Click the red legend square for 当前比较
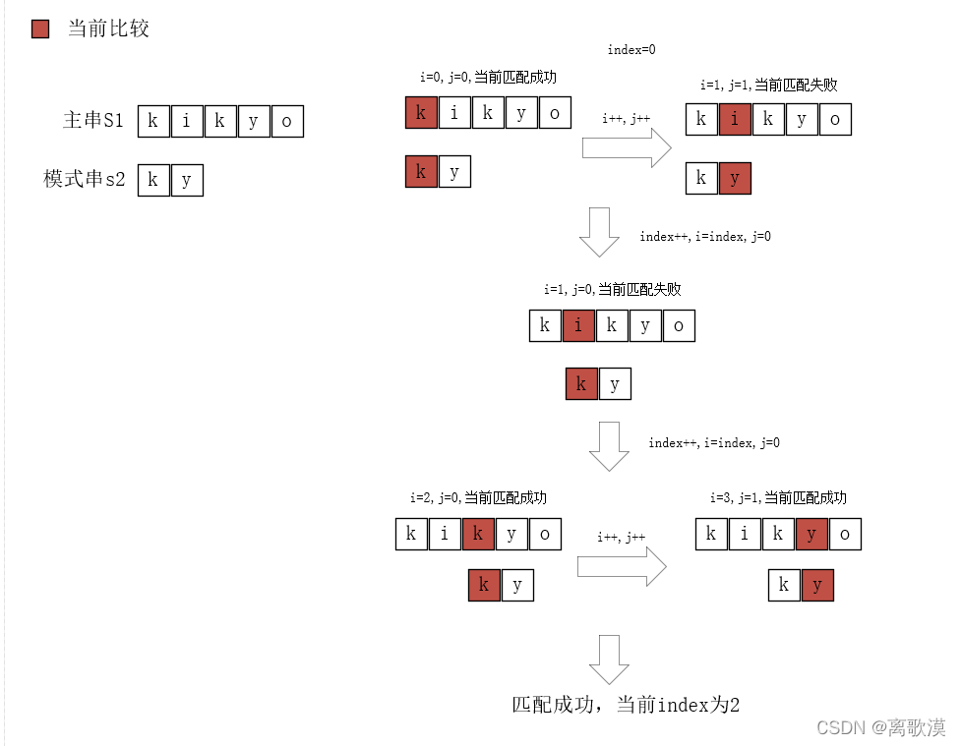click(x=40, y=29)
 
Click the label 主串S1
click(x=93, y=120)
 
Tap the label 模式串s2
click(x=85, y=179)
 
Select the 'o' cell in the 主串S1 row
click(x=287, y=121)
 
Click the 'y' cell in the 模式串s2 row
click(x=187, y=180)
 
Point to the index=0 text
click(x=631, y=48)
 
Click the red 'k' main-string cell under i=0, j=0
click(x=421, y=113)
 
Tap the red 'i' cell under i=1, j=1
click(x=735, y=120)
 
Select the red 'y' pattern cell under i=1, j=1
click(x=735, y=178)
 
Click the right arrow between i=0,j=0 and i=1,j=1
click(x=626, y=148)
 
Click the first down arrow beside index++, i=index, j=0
click(x=598, y=232)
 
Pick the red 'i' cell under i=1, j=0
click(x=579, y=325)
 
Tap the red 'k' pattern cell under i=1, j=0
click(x=581, y=383)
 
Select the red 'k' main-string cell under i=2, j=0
click(x=478, y=535)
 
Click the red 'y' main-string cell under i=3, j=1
click(x=811, y=535)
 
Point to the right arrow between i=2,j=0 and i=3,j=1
click(x=621, y=567)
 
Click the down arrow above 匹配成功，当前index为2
click(x=609, y=660)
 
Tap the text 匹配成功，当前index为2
click(x=625, y=705)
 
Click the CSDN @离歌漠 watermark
click(x=881, y=727)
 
